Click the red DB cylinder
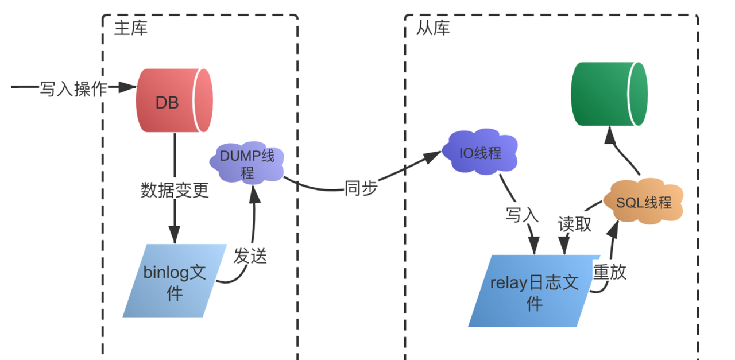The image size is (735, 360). (x=175, y=100)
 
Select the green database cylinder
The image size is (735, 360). (x=609, y=94)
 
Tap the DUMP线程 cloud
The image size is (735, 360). (x=247, y=162)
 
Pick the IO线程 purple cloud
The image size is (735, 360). (x=480, y=152)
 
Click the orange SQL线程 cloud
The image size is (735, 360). (x=644, y=202)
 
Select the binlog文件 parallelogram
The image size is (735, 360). (x=175, y=281)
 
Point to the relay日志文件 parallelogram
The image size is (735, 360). (x=534, y=291)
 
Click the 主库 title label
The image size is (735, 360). (x=130, y=28)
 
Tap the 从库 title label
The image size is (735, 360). (x=433, y=28)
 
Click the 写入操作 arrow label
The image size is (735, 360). (x=73, y=89)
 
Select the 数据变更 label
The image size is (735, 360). (x=175, y=191)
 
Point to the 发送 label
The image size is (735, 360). (x=250, y=256)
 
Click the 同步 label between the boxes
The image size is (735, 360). (x=361, y=188)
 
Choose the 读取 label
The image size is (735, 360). (x=575, y=224)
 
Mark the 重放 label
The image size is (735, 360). (x=610, y=272)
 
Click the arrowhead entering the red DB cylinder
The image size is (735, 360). (x=127, y=87)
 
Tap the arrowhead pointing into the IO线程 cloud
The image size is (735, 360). (x=432, y=157)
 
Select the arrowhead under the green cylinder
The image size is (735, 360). (x=610, y=135)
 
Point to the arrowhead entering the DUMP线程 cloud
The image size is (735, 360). (x=254, y=195)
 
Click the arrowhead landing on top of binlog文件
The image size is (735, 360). (x=175, y=235)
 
